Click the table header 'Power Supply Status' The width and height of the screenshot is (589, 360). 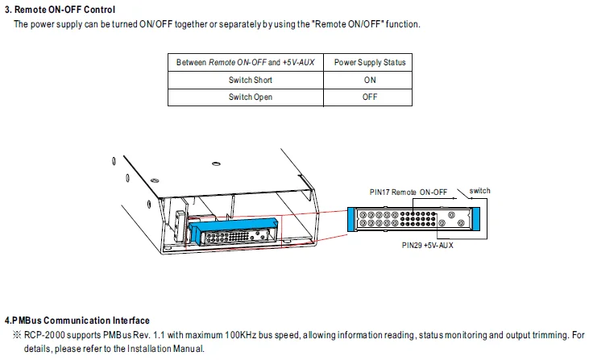pyautogui.click(x=370, y=62)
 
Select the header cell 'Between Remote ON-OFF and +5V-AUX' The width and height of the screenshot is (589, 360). pyautogui.click(x=245, y=62)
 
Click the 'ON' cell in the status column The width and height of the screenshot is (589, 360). pyautogui.click(x=370, y=80)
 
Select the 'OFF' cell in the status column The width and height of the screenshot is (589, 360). pyautogui.click(x=370, y=97)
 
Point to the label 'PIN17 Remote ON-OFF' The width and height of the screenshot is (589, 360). pyautogui.click(x=407, y=192)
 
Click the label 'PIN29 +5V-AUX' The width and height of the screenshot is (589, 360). pyautogui.click(x=427, y=244)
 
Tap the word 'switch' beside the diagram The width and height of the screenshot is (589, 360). pyautogui.click(x=479, y=191)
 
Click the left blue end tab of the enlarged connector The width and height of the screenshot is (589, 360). pyautogui.click(x=351, y=220)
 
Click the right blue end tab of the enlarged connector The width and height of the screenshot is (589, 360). pyautogui.click(x=475, y=220)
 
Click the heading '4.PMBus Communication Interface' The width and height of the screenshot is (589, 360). pyautogui.click(x=77, y=321)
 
